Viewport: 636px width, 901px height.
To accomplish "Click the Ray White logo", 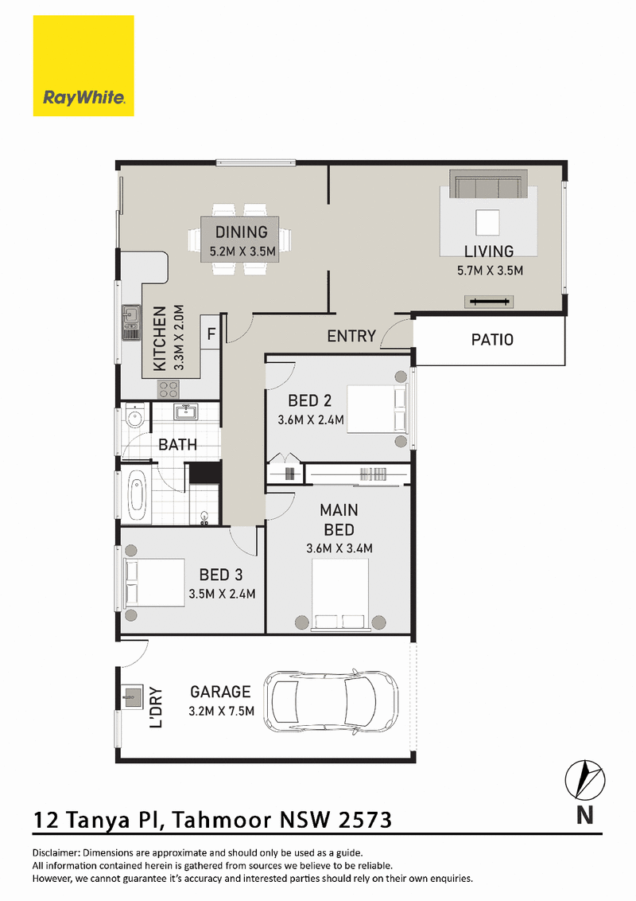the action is (83, 66).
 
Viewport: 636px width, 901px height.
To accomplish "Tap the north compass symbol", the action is (585, 780).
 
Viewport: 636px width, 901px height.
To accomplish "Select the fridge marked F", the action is (211, 333).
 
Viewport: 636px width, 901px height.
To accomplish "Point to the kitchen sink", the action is (131, 322).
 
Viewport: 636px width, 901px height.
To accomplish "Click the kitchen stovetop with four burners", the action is (169, 389).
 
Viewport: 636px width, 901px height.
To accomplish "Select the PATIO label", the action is (492, 340).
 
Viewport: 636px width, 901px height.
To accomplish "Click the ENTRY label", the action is (351, 336).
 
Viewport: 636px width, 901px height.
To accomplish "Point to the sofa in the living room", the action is (488, 185).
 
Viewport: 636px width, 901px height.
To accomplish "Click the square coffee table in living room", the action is (488, 222).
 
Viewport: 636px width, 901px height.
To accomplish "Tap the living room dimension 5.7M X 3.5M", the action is (491, 271).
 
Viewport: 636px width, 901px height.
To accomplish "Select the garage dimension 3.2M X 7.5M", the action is (222, 712).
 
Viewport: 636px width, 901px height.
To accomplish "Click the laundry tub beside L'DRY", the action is (131, 696).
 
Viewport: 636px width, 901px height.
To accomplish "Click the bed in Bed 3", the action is (154, 583).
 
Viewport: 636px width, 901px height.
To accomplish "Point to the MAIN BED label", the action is (339, 520).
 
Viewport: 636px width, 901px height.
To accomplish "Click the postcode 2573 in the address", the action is (365, 820).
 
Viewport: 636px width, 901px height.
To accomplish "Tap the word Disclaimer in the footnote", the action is (56, 853).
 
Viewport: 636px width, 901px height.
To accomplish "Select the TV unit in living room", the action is (488, 301).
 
